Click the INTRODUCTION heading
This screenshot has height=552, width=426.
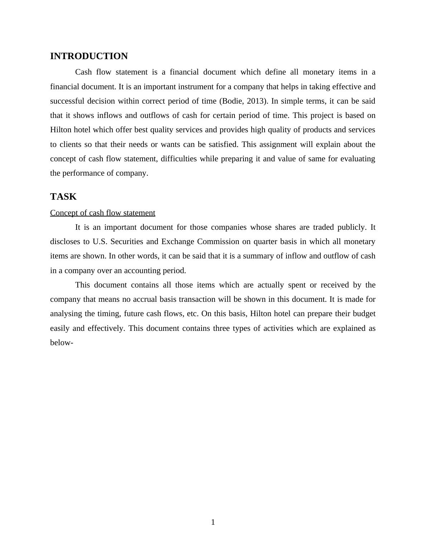click(x=89, y=56)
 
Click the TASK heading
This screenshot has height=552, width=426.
click(x=63, y=197)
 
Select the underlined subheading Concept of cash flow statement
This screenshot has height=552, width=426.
click(x=103, y=213)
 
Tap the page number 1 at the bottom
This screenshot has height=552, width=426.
click(x=213, y=522)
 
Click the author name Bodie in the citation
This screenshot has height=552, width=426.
click(x=232, y=101)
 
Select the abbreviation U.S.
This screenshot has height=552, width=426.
click(x=100, y=242)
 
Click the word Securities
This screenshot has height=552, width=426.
click(x=128, y=242)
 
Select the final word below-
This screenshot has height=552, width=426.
click(x=62, y=343)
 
